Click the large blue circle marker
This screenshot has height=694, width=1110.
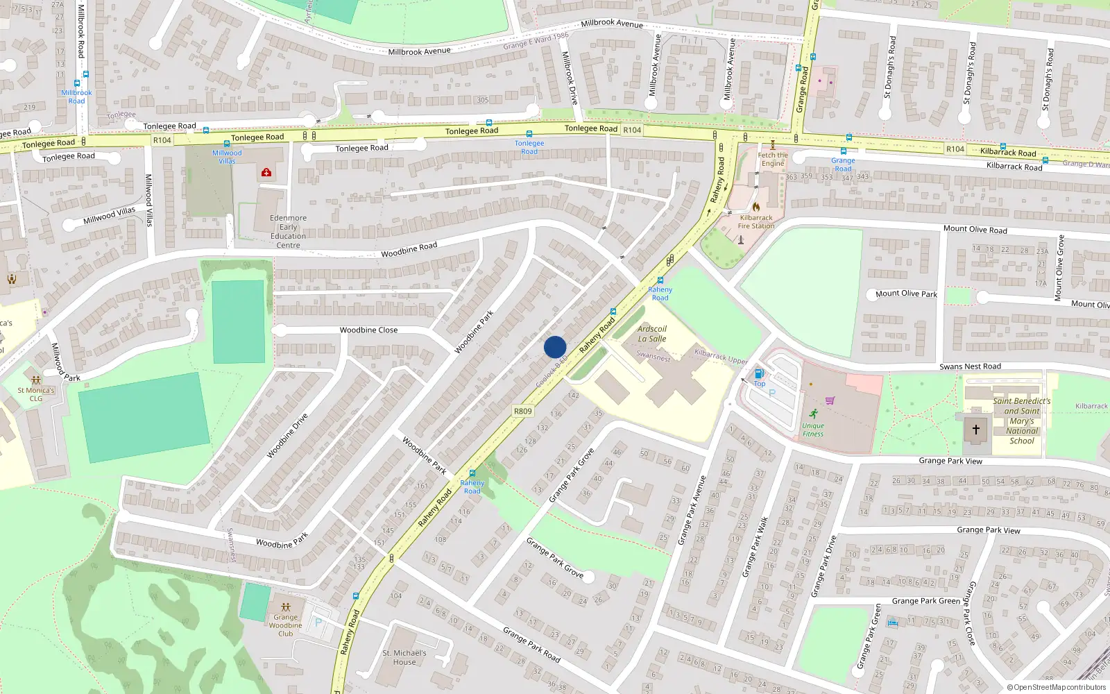point(555,347)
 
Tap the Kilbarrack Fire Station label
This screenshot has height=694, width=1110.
point(756,221)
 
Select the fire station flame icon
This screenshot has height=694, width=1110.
point(755,207)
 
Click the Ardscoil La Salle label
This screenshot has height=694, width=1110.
point(652,334)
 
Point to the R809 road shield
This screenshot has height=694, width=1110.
point(522,411)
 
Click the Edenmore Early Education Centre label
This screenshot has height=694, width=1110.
point(289,231)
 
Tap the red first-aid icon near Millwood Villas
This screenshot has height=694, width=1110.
point(266,172)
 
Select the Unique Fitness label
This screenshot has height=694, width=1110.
point(813,430)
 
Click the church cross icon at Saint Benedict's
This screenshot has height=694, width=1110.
point(975,430)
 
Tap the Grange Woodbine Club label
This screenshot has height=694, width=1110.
point(285,625)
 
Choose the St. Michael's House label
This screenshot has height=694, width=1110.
point(404,657)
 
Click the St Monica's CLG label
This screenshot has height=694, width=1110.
point(36,394)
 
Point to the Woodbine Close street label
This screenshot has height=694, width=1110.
point(368,330)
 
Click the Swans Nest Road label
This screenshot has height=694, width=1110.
point(970,366)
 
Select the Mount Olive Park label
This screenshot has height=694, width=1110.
point(906,294)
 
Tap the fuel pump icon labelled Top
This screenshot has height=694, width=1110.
point(759,374)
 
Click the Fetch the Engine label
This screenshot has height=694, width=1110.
point(772,160)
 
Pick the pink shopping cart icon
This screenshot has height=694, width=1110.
point(830,400)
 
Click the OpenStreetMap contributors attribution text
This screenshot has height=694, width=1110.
point(1058,688)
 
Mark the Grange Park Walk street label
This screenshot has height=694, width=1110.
point(755,547)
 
